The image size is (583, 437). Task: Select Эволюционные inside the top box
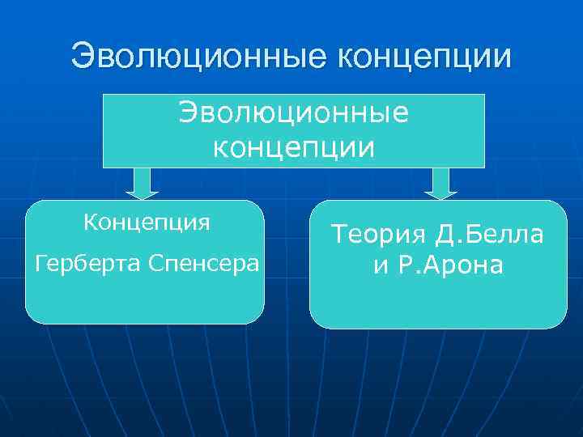pyautogui.click(x=294, y=114)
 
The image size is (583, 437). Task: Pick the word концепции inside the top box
pyautogui.click(x=293, y=147)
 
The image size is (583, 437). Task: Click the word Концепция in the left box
pyautogui.click(x=146, y=222)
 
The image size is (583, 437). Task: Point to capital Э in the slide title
pyautogui.click(x=83, y=56)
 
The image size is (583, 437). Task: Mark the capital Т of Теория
pyautogui.click(x=339, y=235)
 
